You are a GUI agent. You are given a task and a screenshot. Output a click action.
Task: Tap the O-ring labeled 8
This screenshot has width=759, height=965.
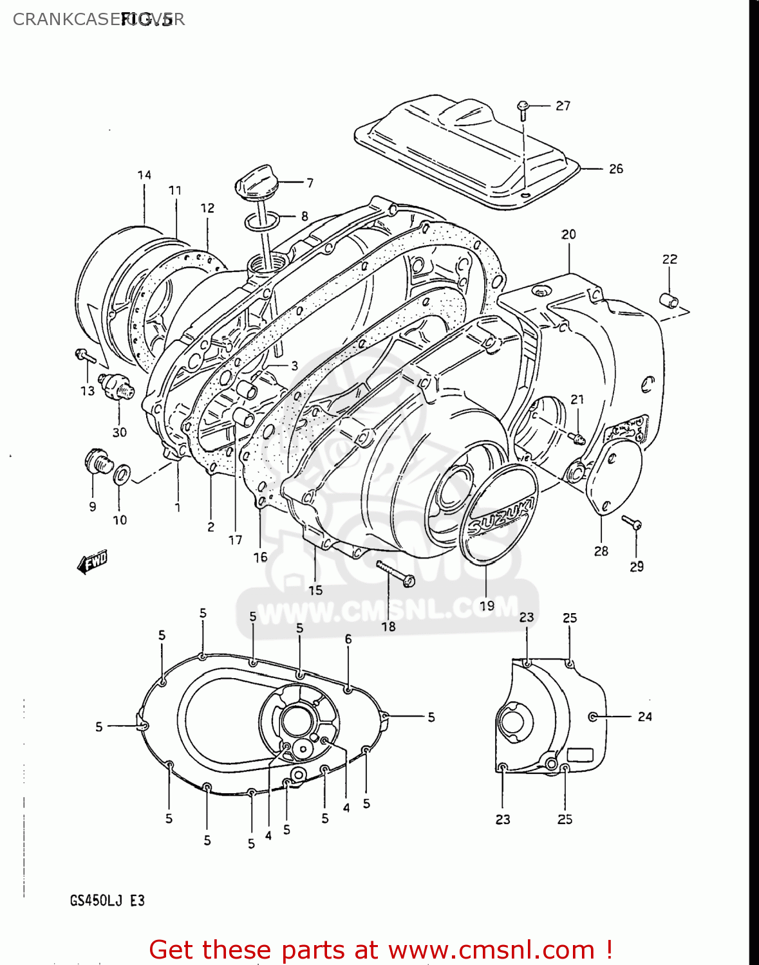261,222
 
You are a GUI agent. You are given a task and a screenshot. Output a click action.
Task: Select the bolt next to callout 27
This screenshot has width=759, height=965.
523,109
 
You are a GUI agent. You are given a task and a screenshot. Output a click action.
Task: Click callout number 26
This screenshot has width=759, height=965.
615,169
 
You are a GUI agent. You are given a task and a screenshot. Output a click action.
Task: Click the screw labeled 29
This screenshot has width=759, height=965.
632,522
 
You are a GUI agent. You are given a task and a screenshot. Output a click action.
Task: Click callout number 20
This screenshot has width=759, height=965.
568,235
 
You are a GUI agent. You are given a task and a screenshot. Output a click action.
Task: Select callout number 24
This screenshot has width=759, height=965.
644,717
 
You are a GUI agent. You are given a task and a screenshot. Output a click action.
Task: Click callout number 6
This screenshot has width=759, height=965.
348,639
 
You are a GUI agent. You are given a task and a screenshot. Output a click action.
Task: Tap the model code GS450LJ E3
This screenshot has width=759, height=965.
107,901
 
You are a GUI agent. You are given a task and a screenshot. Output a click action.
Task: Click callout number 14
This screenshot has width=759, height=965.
144,175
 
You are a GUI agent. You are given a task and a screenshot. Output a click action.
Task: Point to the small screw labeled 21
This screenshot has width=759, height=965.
577,437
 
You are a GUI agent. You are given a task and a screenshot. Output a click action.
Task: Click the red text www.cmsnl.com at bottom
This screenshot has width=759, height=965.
492,950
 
